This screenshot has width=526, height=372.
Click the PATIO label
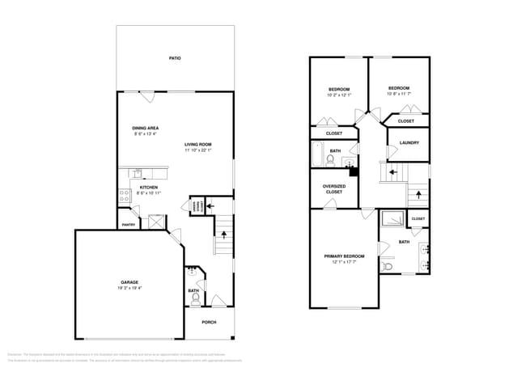point(174,58)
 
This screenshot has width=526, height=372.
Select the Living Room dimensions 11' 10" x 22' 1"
point(197,150)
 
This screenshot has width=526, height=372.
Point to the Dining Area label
point(145,128)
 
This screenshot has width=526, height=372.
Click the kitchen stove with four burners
point(125,195)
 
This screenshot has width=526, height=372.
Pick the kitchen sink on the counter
point(138,173)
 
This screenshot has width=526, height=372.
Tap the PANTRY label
point(128,225)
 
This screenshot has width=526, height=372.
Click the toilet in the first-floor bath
point(195,298)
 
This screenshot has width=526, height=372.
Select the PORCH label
point(209,322)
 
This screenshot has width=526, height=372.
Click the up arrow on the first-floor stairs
point(224,236)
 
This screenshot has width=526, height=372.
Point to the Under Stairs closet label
point(197,205)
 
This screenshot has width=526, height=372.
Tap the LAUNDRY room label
point(409,142)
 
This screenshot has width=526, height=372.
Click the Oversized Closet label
point(334,188)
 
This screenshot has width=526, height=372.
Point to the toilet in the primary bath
point(388,264)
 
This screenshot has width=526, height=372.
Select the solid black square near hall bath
point(353,171)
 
